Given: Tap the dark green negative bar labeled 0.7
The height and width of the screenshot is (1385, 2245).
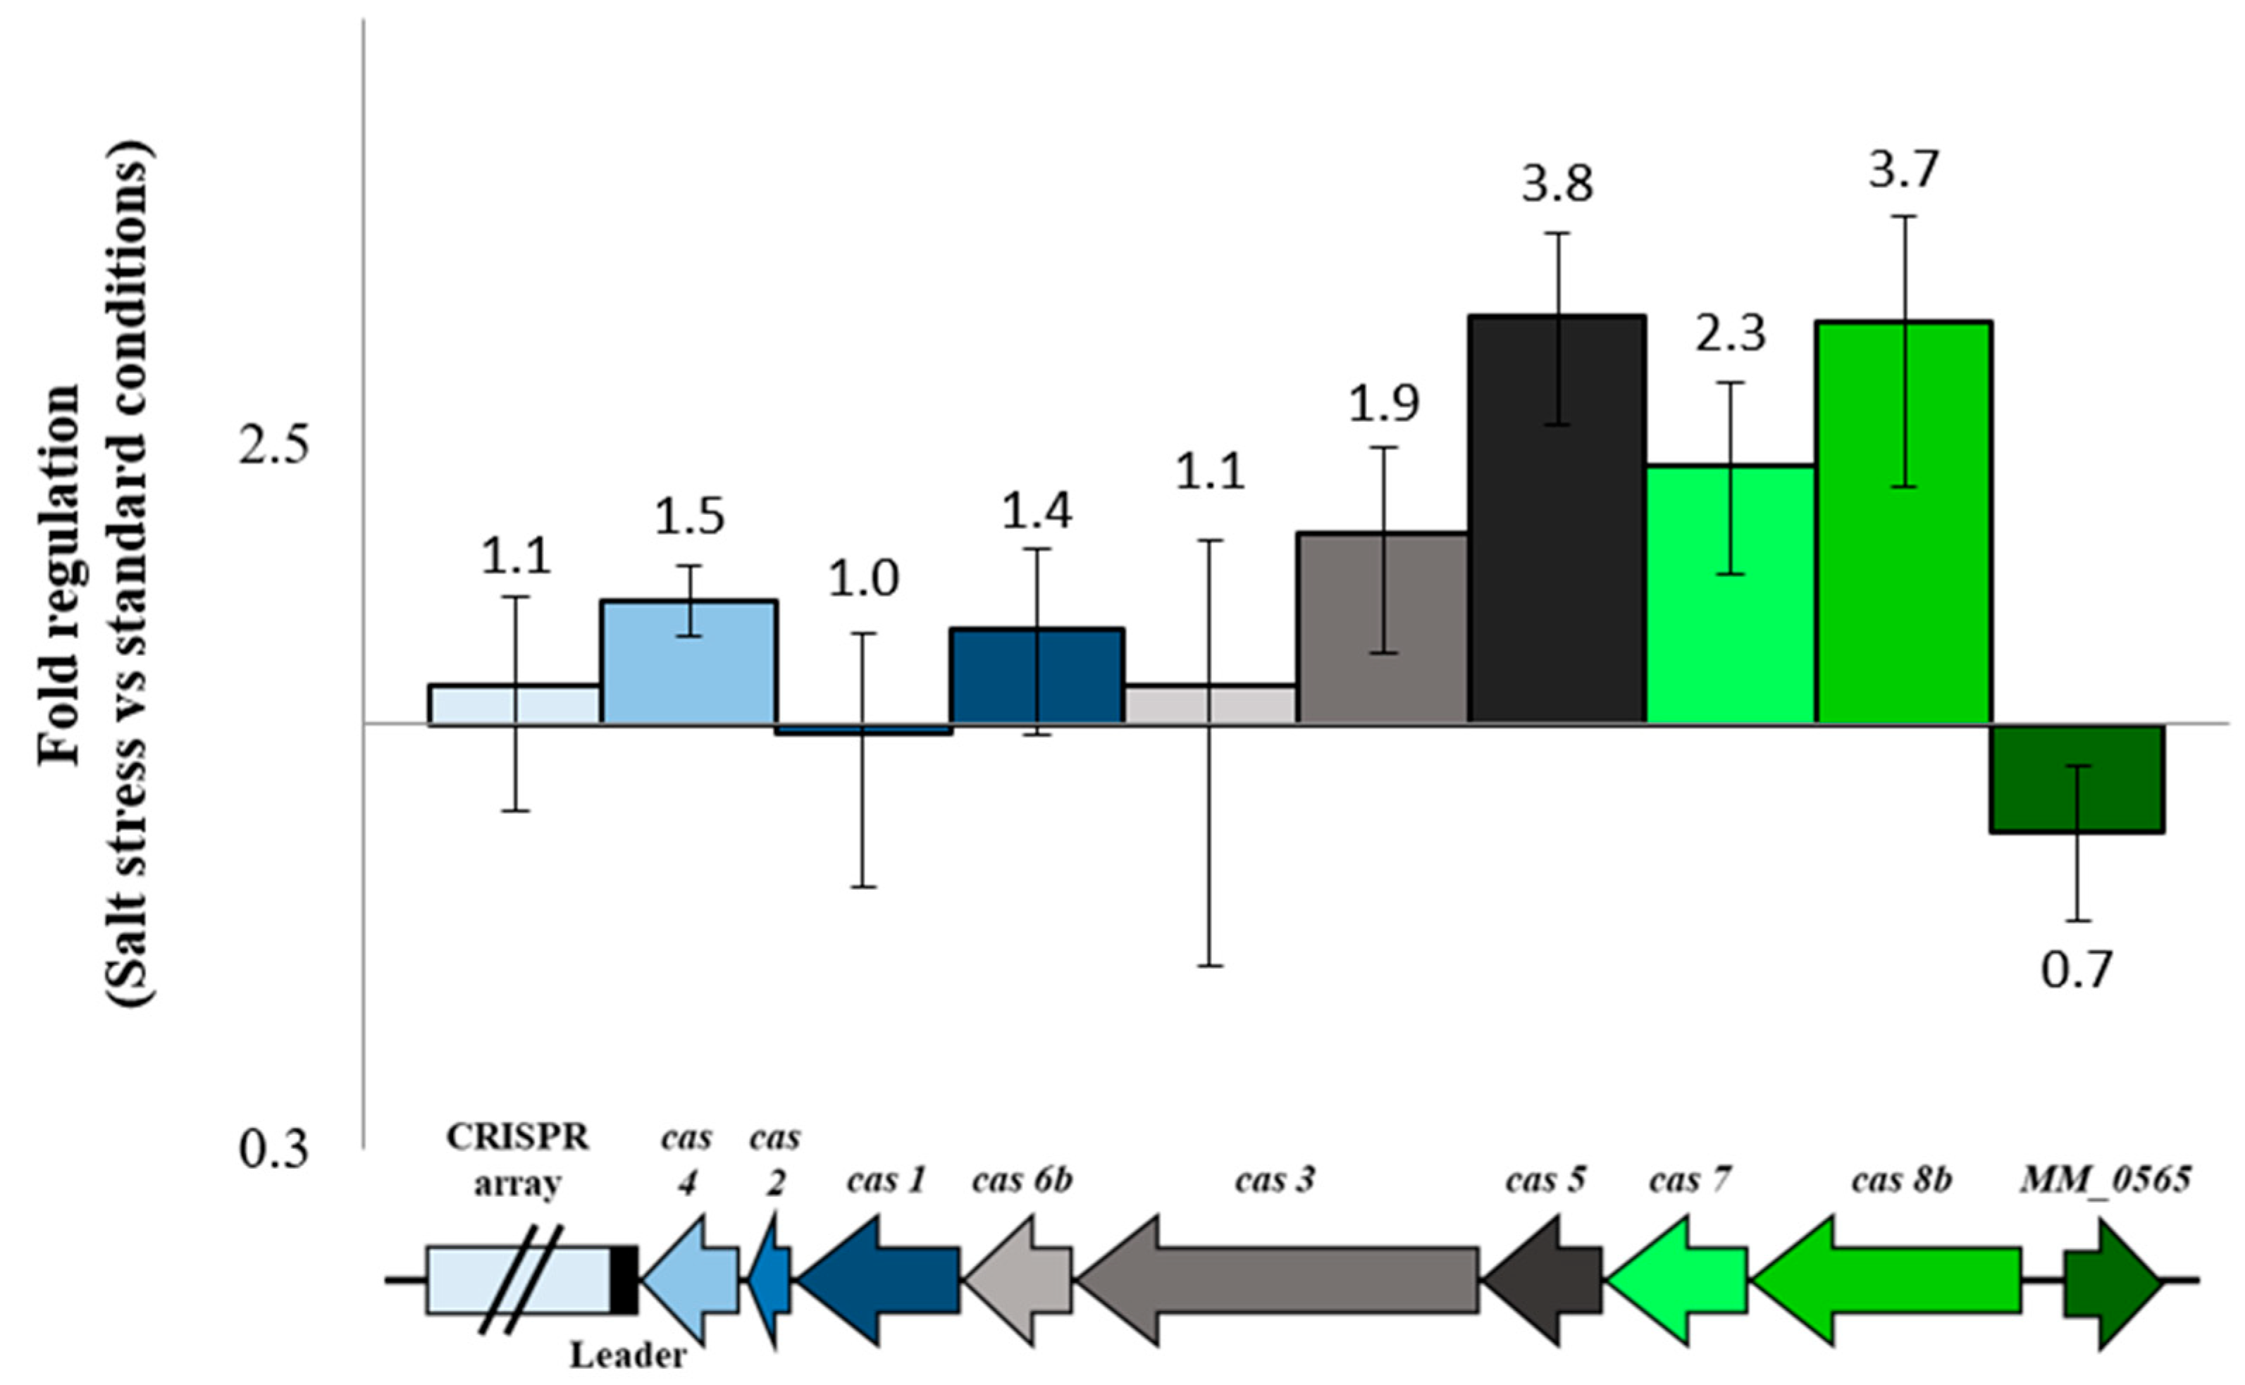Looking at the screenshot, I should point(2077,778).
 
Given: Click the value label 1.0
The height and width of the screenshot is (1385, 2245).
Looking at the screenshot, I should point(862,579).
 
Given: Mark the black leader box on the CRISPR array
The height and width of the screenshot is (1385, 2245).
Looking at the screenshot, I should point(624,1279).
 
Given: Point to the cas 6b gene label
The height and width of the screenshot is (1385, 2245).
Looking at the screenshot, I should point(1021,1181).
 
